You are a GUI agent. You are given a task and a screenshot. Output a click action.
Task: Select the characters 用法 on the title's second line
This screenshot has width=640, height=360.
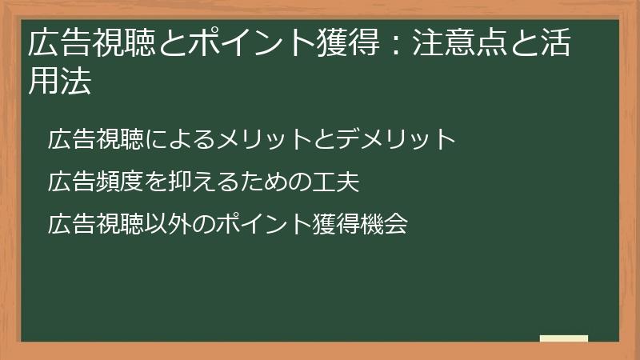[59, 81]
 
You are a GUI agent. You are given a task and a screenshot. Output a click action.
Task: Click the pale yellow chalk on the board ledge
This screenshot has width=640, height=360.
[563, 338]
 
